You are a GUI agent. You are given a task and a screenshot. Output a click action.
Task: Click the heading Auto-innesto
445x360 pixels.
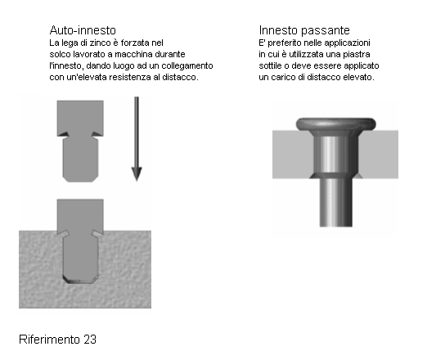(x=83, y=30)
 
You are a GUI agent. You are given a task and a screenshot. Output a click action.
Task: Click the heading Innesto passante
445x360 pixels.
(x=304, y=30)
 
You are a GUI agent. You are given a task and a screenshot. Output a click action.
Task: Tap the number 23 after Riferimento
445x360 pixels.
(x=90, y=340)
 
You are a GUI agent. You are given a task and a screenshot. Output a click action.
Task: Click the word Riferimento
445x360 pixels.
(x=49, y=340)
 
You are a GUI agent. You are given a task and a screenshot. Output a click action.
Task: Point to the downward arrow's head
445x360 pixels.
(x=137, y=173)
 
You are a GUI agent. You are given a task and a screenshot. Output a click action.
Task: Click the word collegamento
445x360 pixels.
(x=187, y=66)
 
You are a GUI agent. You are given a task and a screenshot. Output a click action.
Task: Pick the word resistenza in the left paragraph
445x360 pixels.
(x=130, y=77)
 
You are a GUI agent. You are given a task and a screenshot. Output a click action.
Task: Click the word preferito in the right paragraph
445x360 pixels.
(x=285, y=43)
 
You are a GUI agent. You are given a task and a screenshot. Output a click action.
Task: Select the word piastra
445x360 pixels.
(x=357, y=54)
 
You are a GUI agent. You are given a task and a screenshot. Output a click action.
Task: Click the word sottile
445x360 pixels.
(x=270, y=65)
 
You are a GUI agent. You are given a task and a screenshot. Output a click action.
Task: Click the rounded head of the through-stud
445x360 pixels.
(x=336, y=124)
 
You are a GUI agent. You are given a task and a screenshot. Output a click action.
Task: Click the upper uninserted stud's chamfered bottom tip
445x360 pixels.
(x=80, y=179)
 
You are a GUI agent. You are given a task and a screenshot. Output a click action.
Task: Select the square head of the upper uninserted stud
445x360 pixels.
(x=80, y=118)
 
